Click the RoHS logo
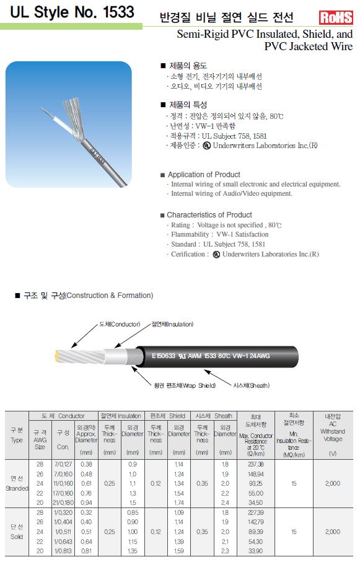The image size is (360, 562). (336, 17)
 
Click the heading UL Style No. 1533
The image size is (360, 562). (72, 12)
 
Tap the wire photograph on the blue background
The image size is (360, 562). (69, 124)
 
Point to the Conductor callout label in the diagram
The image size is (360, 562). (120, 324)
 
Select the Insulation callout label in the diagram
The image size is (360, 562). (172, 324)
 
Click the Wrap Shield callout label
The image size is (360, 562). (185, 385)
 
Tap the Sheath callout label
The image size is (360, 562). (251, 385)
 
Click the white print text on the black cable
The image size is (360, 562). (211, 356)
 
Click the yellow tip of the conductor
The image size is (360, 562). (56, 356)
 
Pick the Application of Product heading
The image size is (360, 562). (204, 175)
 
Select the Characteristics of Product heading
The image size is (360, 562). (209, 214)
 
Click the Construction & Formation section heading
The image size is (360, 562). (88, 296)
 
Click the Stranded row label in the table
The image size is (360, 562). (17, 483)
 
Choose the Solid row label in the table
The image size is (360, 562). (17, 532)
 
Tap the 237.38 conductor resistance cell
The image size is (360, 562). (255, 464)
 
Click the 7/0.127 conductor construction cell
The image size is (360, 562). (63, 464)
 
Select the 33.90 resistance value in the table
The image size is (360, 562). (255, 551)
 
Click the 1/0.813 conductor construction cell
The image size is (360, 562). (63, 551)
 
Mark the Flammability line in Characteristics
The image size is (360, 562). (219, 234)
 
